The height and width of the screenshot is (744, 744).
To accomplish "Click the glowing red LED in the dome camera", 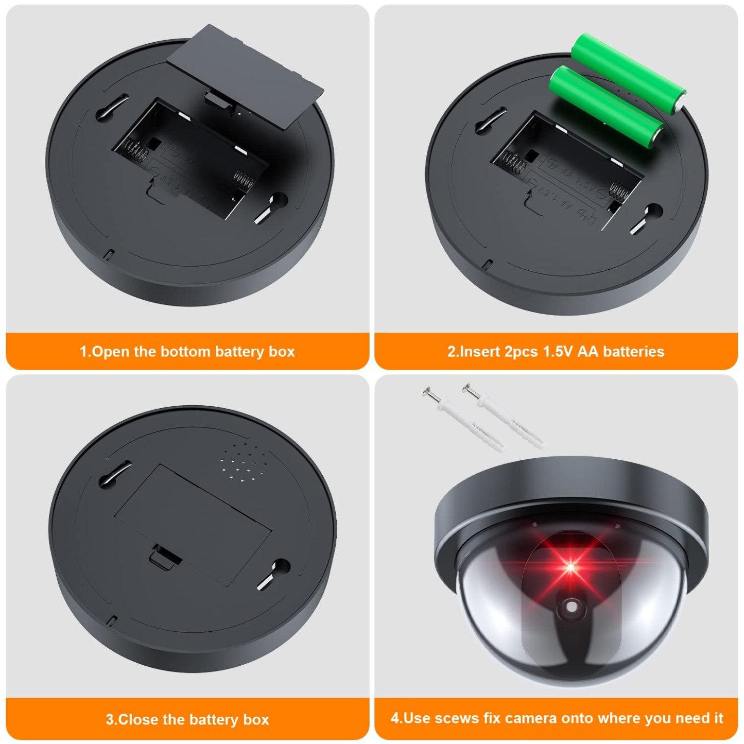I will click(570, 567).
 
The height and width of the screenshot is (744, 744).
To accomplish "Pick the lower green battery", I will click(605, 107).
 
